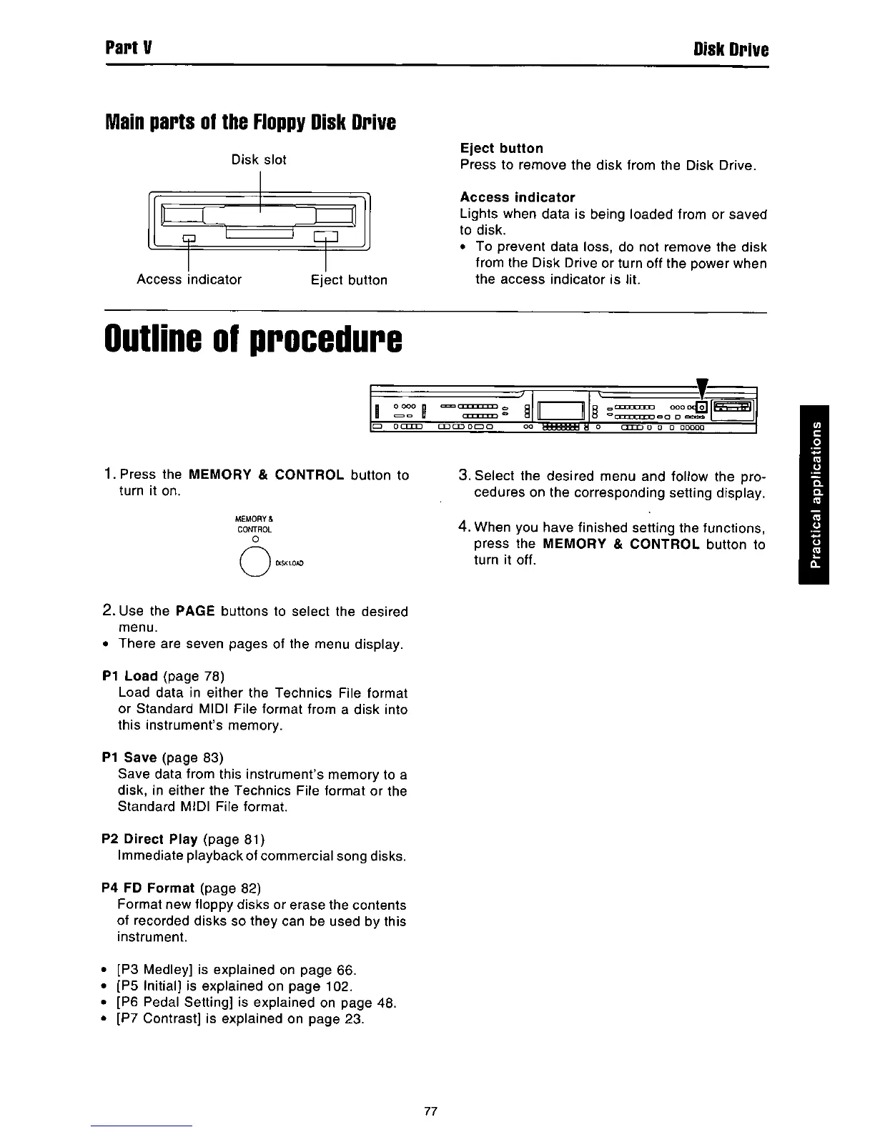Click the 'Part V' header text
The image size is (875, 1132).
[x=127, y=49]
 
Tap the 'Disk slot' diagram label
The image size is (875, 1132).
[x=259, y=159]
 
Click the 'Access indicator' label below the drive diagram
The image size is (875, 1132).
[x=189, y=279]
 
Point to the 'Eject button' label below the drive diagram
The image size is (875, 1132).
[x=349, y=280]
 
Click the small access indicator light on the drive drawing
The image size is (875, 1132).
[x=189, y=238]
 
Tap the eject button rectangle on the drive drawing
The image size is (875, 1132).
[x=325, y=237]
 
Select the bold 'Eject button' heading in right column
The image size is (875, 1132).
[x=502, y=148]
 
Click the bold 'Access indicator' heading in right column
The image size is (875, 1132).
[x=518, y=197]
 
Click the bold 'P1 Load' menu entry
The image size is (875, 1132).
[x=131, y=676]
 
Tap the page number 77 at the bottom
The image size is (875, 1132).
[x=430, y=1111]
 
